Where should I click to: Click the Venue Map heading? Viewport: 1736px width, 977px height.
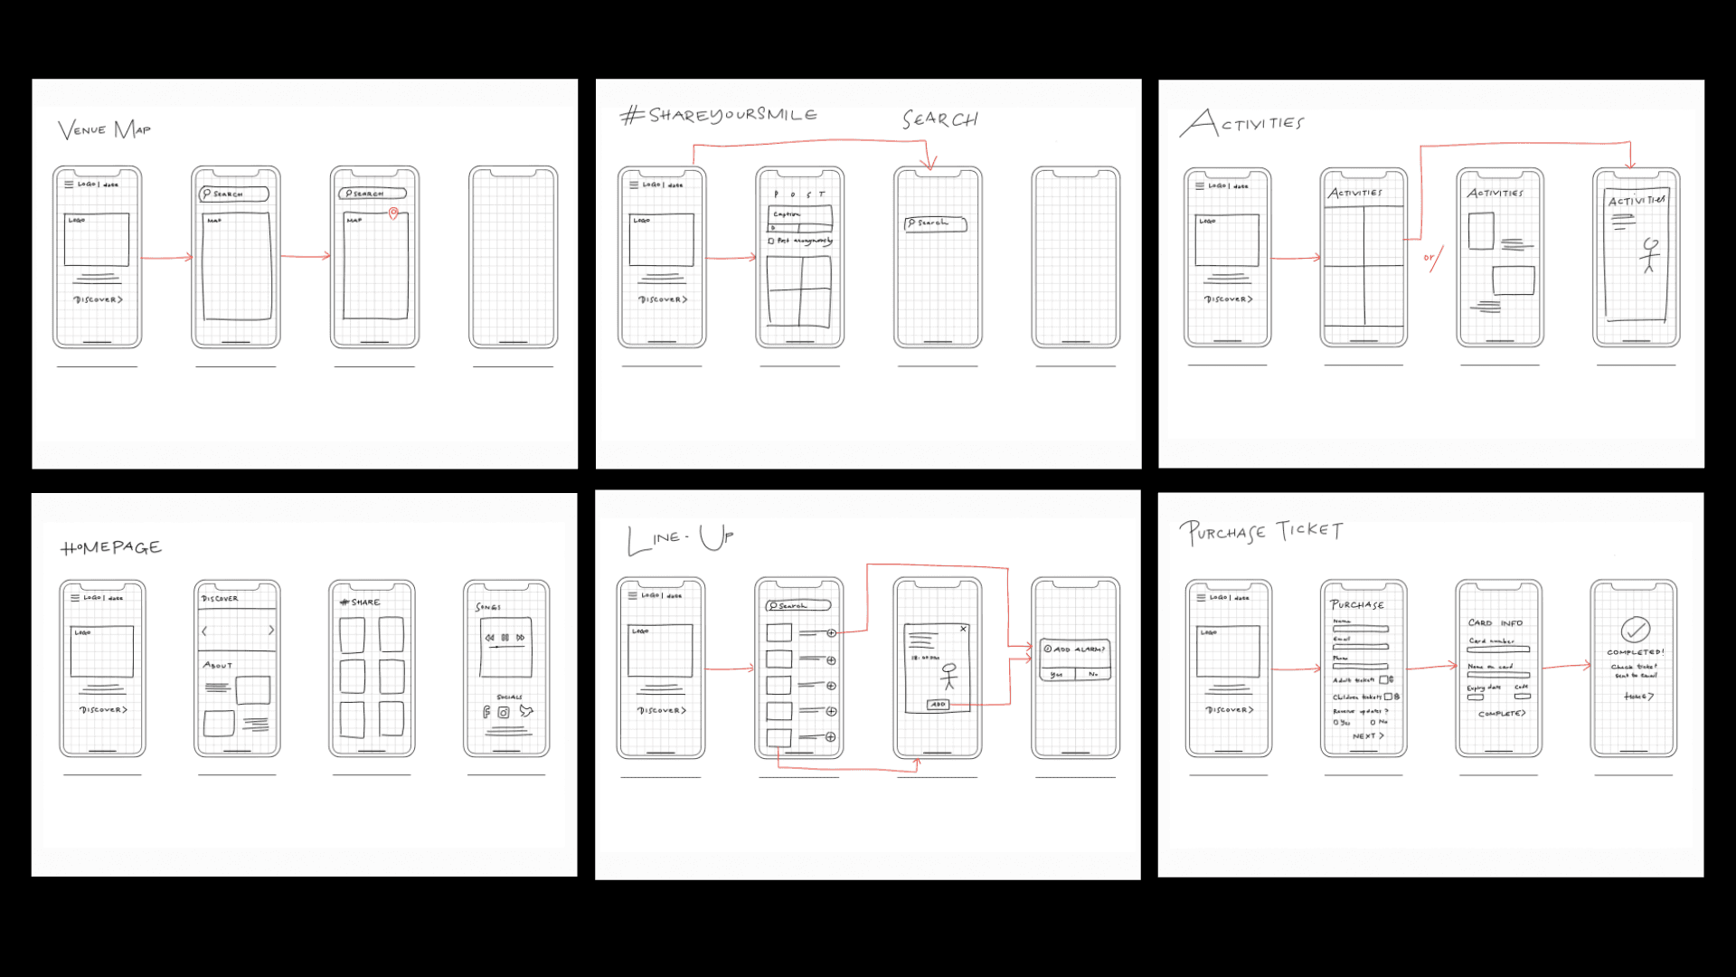coord(104,130)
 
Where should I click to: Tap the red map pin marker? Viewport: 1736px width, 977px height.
coord(393,213)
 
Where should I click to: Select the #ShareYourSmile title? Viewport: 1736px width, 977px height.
coord(719,115)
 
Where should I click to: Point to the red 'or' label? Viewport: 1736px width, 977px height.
coord(1429,258)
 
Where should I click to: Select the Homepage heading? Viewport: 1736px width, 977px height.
coord(111,547)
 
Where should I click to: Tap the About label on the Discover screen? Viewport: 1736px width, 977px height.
coord(218,666)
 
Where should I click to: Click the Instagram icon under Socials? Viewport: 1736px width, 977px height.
coord(504,713)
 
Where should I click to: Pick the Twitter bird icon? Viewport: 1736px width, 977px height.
coord(526,712)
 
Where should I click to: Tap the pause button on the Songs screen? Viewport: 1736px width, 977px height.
coord(505,638)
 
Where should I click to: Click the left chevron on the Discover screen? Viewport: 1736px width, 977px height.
coord(204,631)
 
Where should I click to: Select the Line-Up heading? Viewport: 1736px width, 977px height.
coord(681,539)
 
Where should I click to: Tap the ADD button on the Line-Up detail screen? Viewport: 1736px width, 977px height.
coord(938,705)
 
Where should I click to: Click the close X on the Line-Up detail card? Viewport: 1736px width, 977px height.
coord(963,629)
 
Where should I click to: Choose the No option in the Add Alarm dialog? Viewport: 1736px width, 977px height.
coord(1093,675)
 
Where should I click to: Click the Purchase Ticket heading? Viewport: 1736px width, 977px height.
coord(1261,532)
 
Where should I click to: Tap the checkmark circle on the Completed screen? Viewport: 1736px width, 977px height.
coord(1635,629)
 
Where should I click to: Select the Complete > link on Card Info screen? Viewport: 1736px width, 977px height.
coord(1501,714)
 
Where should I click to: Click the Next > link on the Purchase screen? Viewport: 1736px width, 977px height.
coord(1367,736)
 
